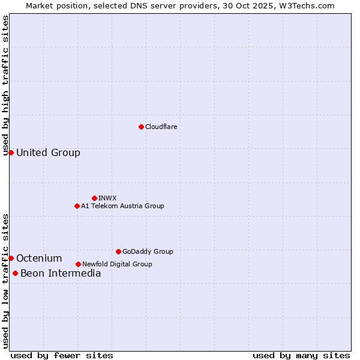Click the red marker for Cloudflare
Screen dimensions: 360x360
pyautogui.click(x=141, y=127)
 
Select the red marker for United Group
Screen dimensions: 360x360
pyautogui.click(x=11, y=152)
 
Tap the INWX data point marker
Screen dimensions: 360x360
pyautogui.click(x=94, y=198)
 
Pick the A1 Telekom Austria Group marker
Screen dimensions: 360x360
pyautogui.click(x=77, y=206)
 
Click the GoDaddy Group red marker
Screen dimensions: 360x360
pyautogui.click(x=118, y=251)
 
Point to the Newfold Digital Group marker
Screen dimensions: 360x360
pyautogui.click(x=78, y=264)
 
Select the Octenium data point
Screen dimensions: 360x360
pyautogui.click(x=11, y=258)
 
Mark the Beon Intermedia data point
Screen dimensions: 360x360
pyautogui.click(x=15, y=273)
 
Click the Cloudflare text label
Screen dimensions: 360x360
pyautogui.click(x=161, y=127)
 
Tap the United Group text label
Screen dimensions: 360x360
pyautogui.click(x=48, y=152)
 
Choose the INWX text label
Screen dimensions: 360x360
pyautogui.click(x=107, y=198)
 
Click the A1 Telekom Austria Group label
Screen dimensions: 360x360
pyautogui.click(x=122, y=206)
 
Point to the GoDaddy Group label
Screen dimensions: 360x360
pyautogui.click(x=148, y=251)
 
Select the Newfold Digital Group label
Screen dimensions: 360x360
pyautogui.click(x=117, y=264)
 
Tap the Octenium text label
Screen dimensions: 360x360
pyautogui.click(x=39, y=258)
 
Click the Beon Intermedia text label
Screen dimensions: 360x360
pyautogui.click(x=61, y=273)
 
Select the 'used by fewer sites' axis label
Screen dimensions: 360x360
pyautogui.click(x=62, y=355)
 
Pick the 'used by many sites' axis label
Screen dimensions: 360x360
pyautogui.click(x=301, y=355)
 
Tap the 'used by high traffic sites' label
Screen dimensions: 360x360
pyautogui.click(x=5, y=85)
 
